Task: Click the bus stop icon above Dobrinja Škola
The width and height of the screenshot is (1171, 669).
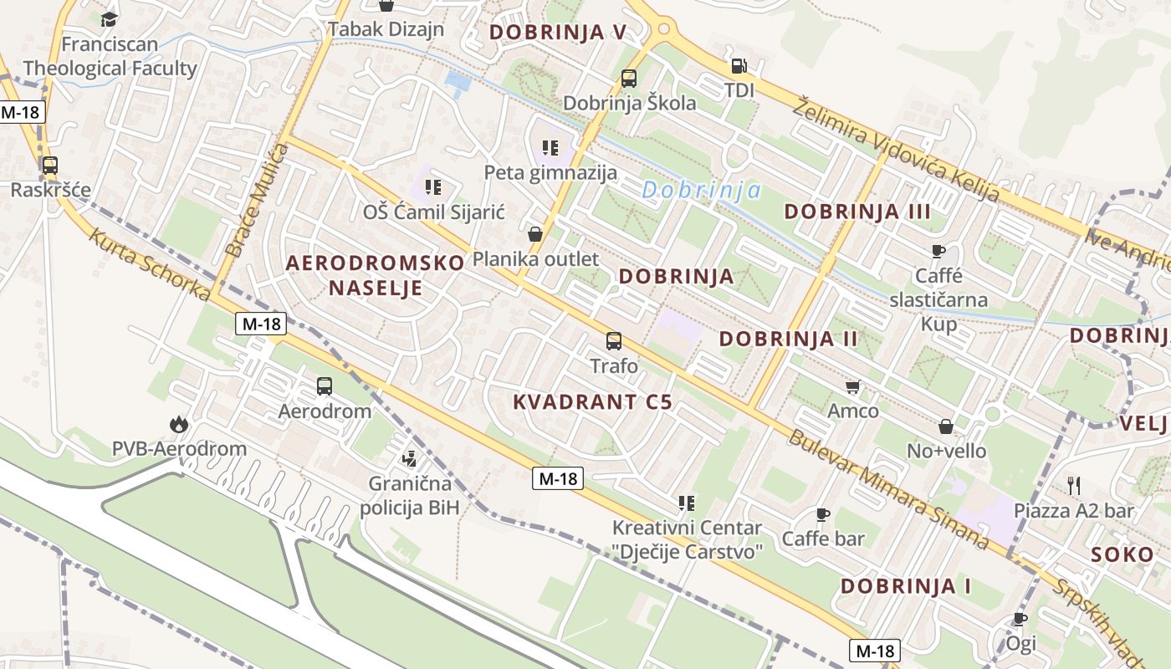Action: pos(629,79)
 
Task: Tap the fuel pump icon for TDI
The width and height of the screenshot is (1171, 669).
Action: pos(739,65)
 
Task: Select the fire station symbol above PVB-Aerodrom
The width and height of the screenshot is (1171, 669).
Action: pos(178,425)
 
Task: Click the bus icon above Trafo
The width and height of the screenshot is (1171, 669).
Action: pos(614,341)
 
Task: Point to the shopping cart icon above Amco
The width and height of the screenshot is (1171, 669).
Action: pos(852,386)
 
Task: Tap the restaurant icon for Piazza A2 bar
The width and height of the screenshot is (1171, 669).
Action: pos(1074,485)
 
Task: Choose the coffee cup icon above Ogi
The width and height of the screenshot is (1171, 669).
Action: pos(1020,619)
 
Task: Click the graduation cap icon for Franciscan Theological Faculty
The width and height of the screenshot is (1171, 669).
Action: pos(109,18)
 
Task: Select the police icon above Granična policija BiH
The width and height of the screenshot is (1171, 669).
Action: pos(409,458)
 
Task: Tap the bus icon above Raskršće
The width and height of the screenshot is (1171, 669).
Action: pos(50,165)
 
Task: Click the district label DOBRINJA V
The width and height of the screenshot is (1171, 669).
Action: pos(558,32)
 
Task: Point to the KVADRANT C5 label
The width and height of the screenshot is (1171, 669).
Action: pos(592,401)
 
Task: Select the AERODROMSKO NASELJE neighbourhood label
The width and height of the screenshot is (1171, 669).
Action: pos(375,275)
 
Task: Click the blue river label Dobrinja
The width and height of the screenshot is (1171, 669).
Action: pos(702,191)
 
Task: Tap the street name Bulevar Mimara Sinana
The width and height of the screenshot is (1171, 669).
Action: pos(889,488)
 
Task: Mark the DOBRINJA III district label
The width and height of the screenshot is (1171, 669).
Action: pos(857,211)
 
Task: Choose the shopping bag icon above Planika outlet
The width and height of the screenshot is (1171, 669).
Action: pos(535,234)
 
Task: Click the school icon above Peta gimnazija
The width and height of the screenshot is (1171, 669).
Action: pos(550,148)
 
